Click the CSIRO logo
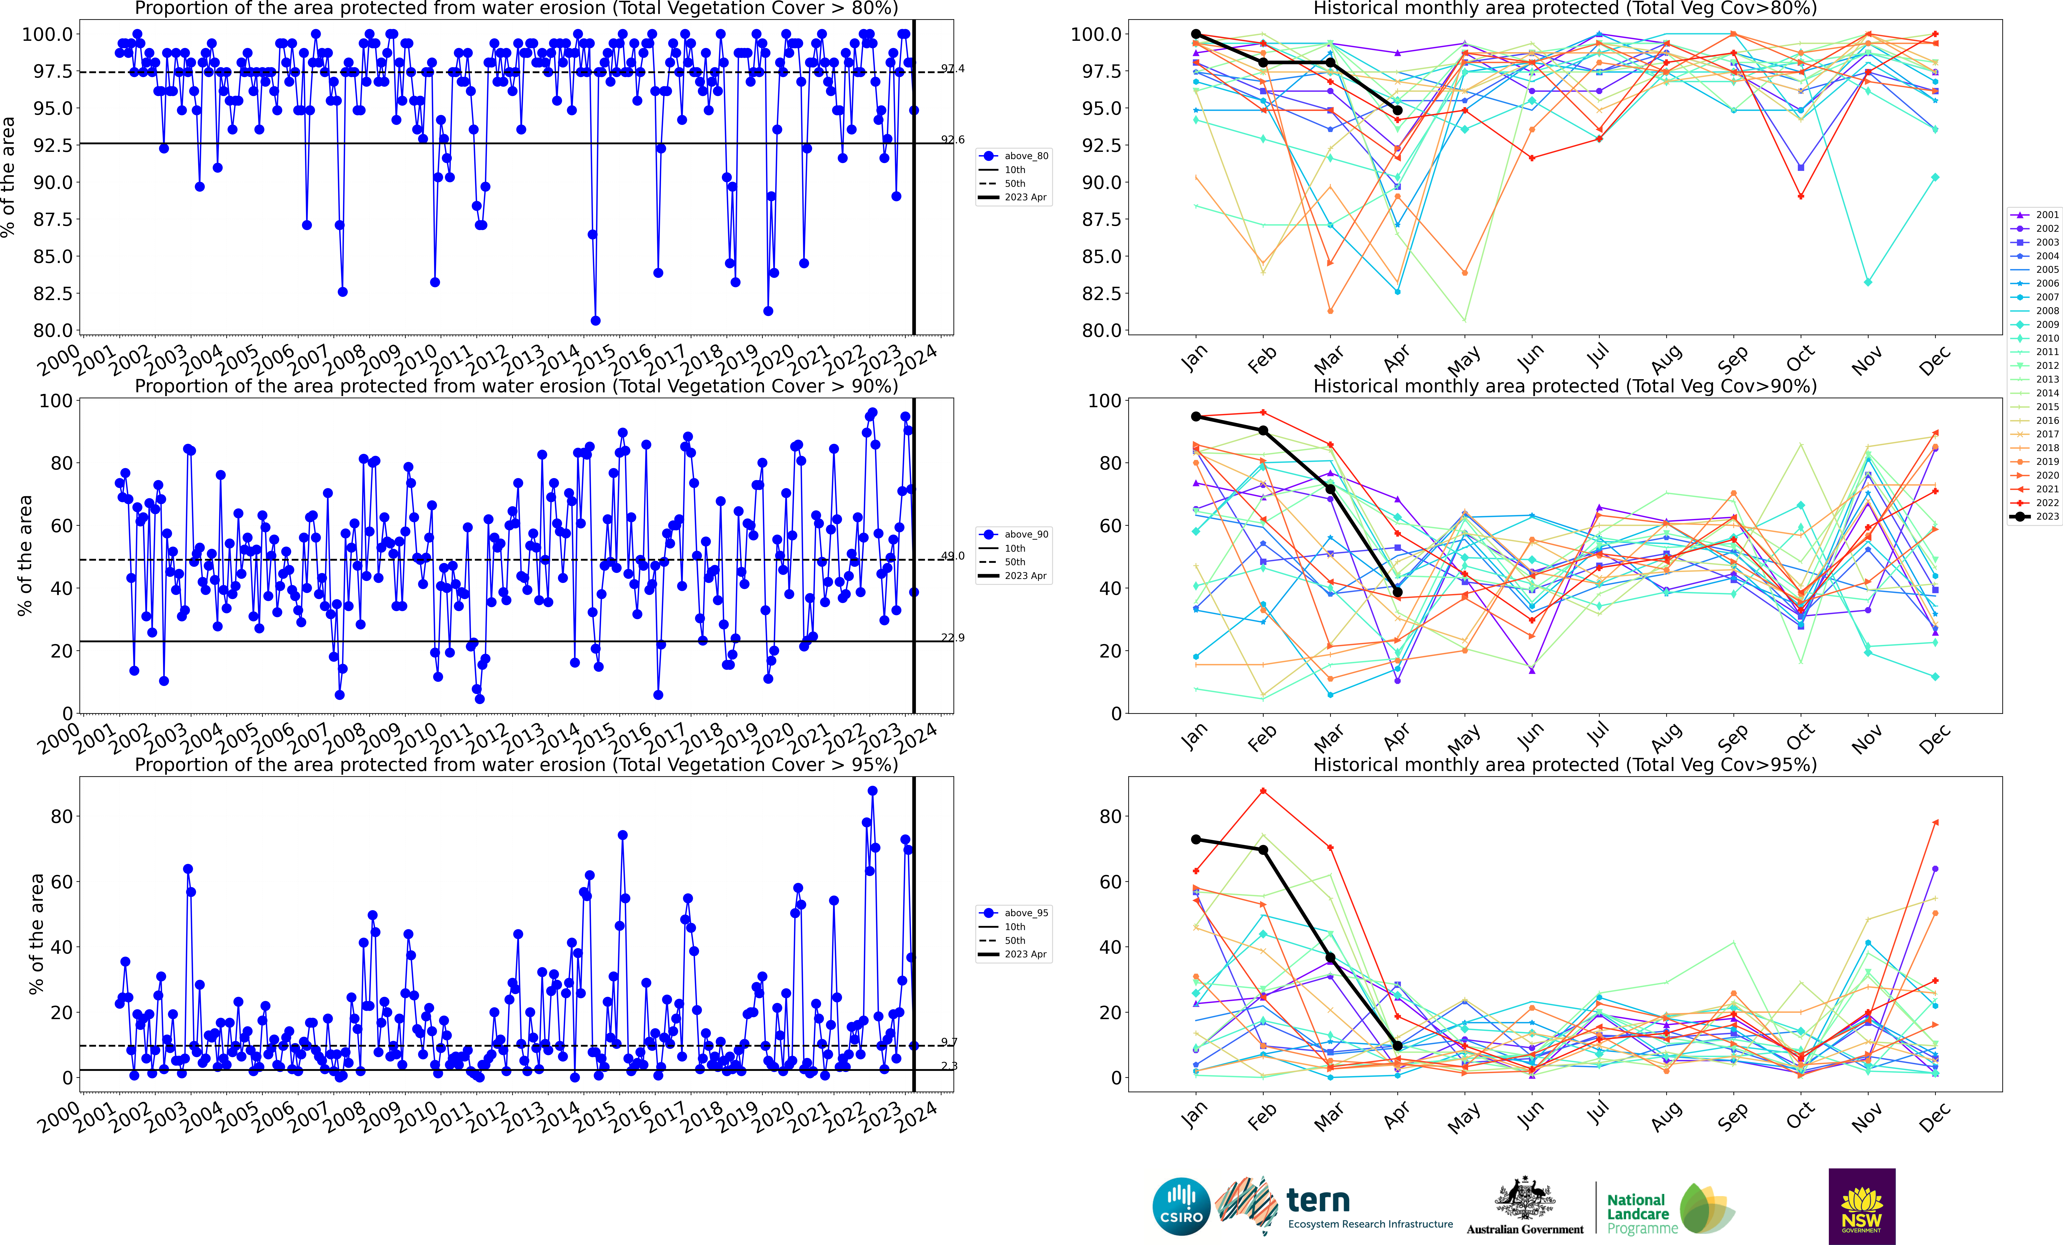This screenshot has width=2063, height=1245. pos(1181,1207)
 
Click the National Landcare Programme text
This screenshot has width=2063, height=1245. pos(1641,1214)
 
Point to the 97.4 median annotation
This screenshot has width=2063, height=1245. pos(952,69)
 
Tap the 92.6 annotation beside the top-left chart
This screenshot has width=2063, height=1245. pos(952,140)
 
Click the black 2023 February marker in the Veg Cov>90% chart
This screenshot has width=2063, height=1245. pos(1263,430)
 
